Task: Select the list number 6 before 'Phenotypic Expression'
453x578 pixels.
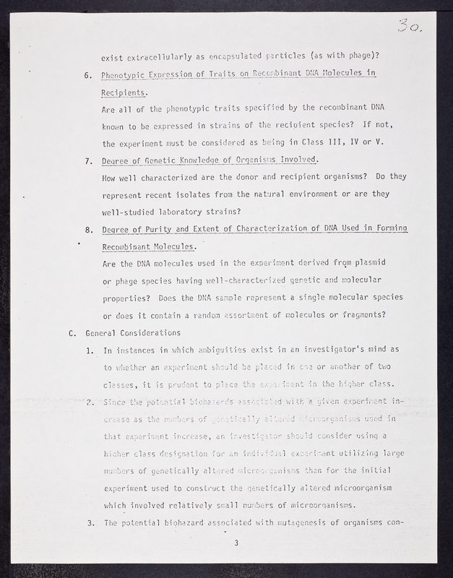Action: [88, 75]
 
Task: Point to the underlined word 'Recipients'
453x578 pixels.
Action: [124, 93]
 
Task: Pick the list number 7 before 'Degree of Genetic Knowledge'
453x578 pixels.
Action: [88, 160]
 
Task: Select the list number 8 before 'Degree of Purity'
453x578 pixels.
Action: [88, 229]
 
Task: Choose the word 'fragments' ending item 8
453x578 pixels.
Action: [359, 315]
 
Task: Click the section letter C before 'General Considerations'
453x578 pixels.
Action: [71, 333]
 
